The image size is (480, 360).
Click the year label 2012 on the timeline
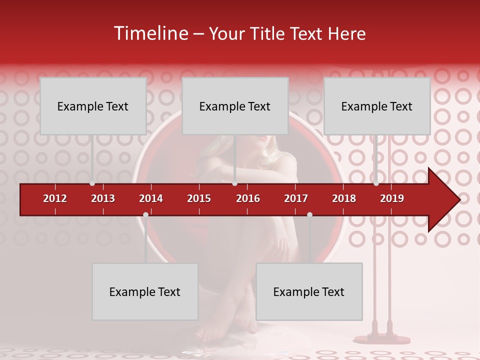pos(55,198)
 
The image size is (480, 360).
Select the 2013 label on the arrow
pos(103,198)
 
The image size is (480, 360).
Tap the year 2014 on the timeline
pos(151,198)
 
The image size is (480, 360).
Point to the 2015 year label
pos(199,198)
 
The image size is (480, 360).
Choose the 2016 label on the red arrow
pos(248,198)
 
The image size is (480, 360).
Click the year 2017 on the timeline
pos(296,198)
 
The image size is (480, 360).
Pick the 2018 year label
pos(344,198)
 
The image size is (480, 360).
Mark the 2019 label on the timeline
pos(392,198)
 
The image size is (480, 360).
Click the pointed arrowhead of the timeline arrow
pos(447,199)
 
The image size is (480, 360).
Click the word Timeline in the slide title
pos(150,33)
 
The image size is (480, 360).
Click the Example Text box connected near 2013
pos(93,106)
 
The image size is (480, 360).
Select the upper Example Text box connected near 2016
pos(235,106)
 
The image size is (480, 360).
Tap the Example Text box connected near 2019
pos(377,106)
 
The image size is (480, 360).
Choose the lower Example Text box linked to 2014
pos(145,291)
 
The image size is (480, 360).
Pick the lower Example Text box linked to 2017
pos(309,291)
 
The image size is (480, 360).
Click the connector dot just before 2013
pos(92,183)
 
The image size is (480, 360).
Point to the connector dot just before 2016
pos(234,183)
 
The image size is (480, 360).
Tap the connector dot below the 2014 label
pos(145,214)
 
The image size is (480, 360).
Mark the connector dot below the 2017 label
pos(309,214)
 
